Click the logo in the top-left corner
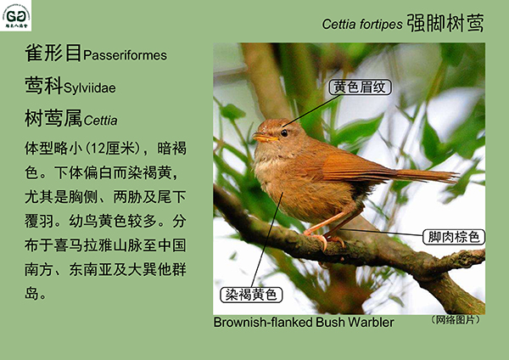click(15, 15)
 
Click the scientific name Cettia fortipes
click(362, 25)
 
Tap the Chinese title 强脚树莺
click(445, 23)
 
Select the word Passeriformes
click(125, 55)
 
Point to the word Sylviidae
click(90, 88)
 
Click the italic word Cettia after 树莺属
click(100, 121)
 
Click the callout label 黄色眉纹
click(360, 87)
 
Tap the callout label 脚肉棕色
click(454, 237)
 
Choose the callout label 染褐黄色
click(251, 295)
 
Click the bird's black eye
click(284, 133)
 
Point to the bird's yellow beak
click(264, 138)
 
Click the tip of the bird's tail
click(456, 177)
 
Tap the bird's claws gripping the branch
click(324, 240)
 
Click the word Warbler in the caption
click(371, 323)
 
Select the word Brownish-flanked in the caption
click(263, 323)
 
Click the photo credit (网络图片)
click(456, 320)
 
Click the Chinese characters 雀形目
click(53, 53)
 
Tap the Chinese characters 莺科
click(43, 86)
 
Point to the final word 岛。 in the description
click(36, 294)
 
